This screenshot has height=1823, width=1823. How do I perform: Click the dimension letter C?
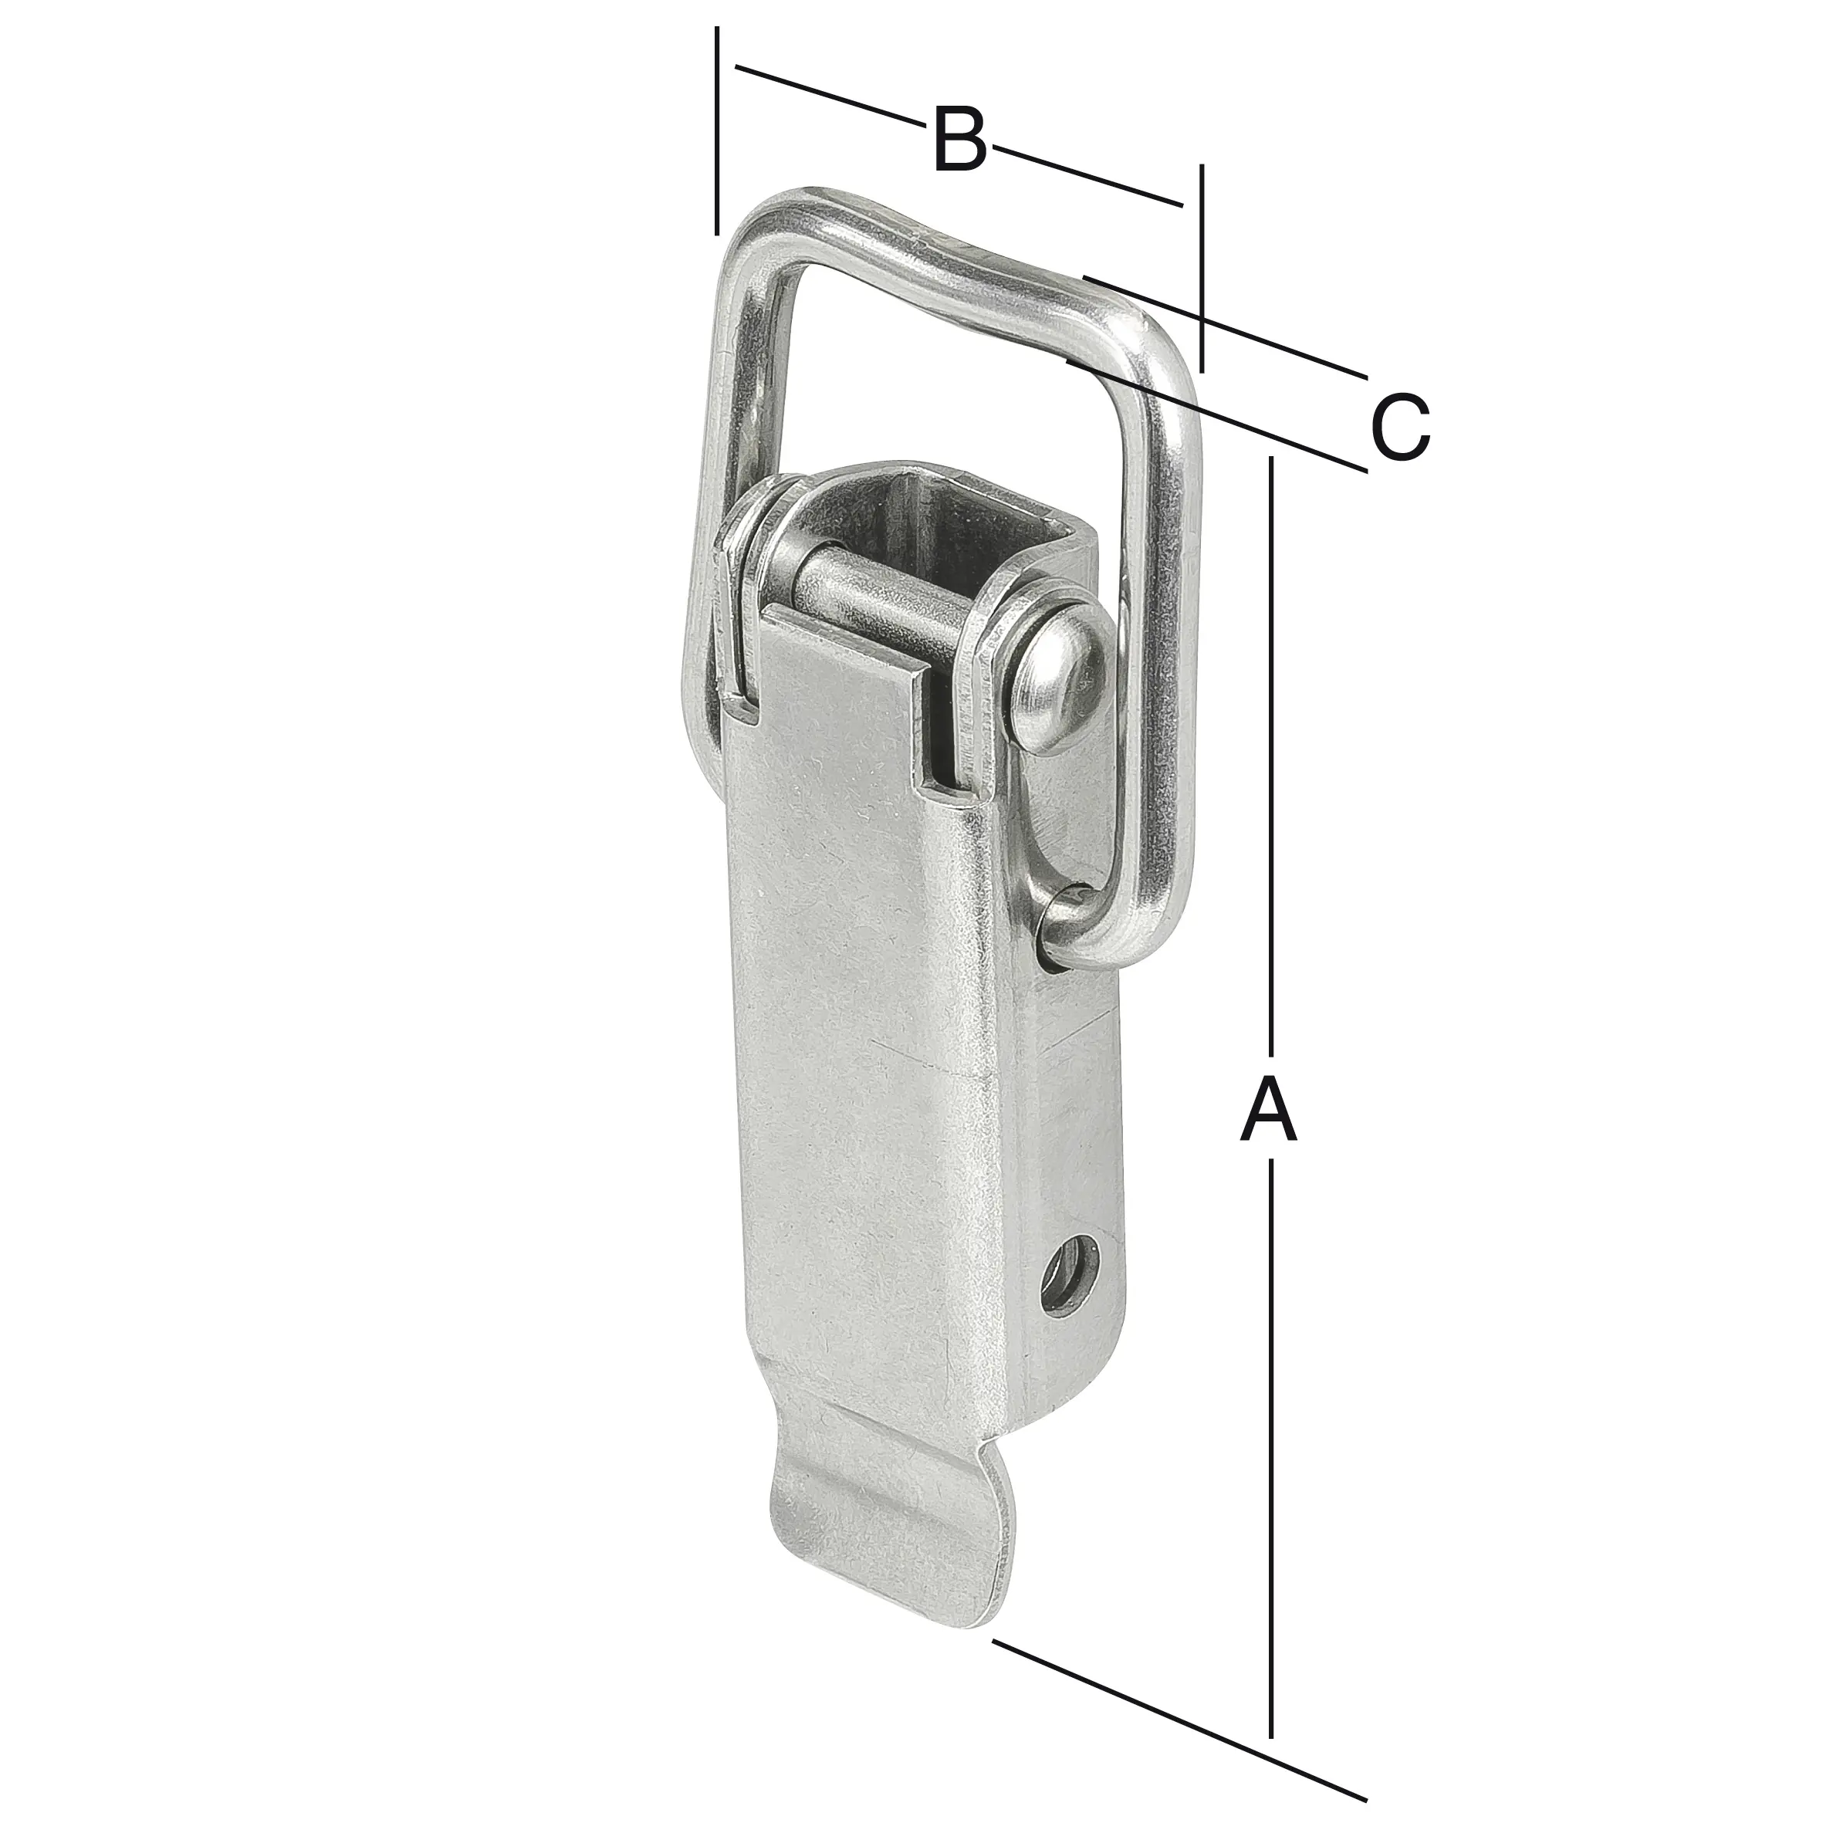(x=1400, y=428)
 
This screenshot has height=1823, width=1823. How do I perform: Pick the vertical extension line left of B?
(x=717, y=132)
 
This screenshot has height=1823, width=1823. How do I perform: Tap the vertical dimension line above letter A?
(x=1272, y=755)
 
